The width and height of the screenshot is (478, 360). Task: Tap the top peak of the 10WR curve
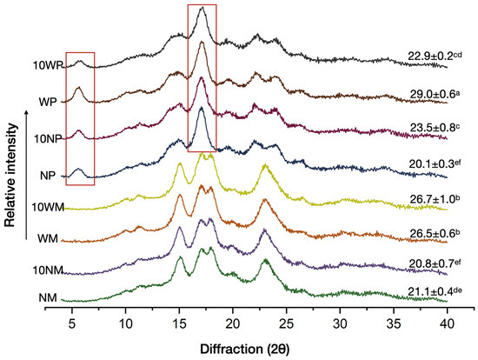202,9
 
